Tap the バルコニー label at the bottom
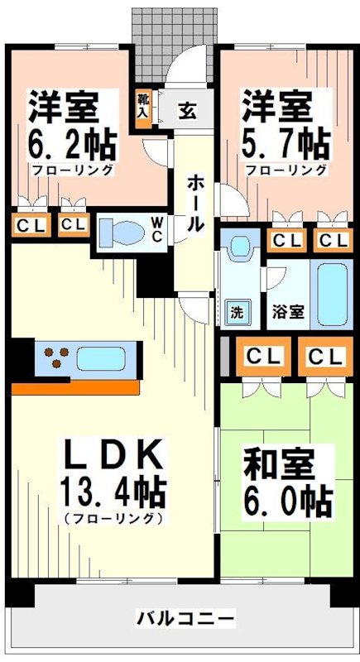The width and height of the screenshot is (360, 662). coord(185,618)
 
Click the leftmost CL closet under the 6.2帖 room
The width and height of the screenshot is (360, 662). coord(28,224)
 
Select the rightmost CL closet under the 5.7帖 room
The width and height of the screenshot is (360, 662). coord(334,241)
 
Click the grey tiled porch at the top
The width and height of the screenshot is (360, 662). coord(174,37)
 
